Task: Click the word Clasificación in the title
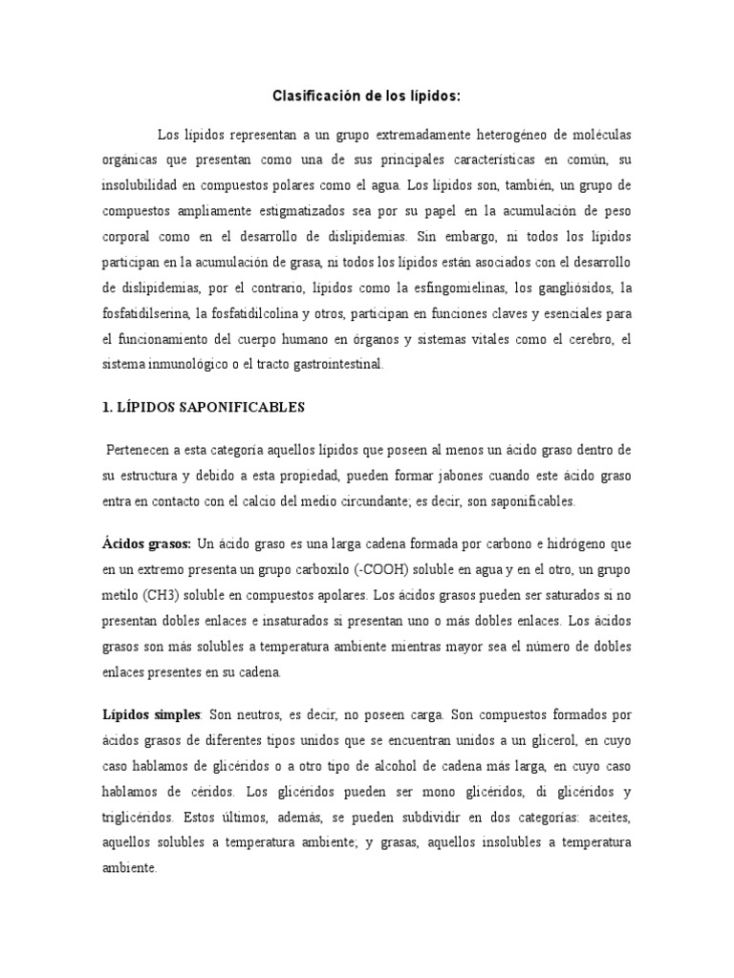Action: pos(313,96)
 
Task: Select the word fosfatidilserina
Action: pos(142,312)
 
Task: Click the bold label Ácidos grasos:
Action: pos(146,543)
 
